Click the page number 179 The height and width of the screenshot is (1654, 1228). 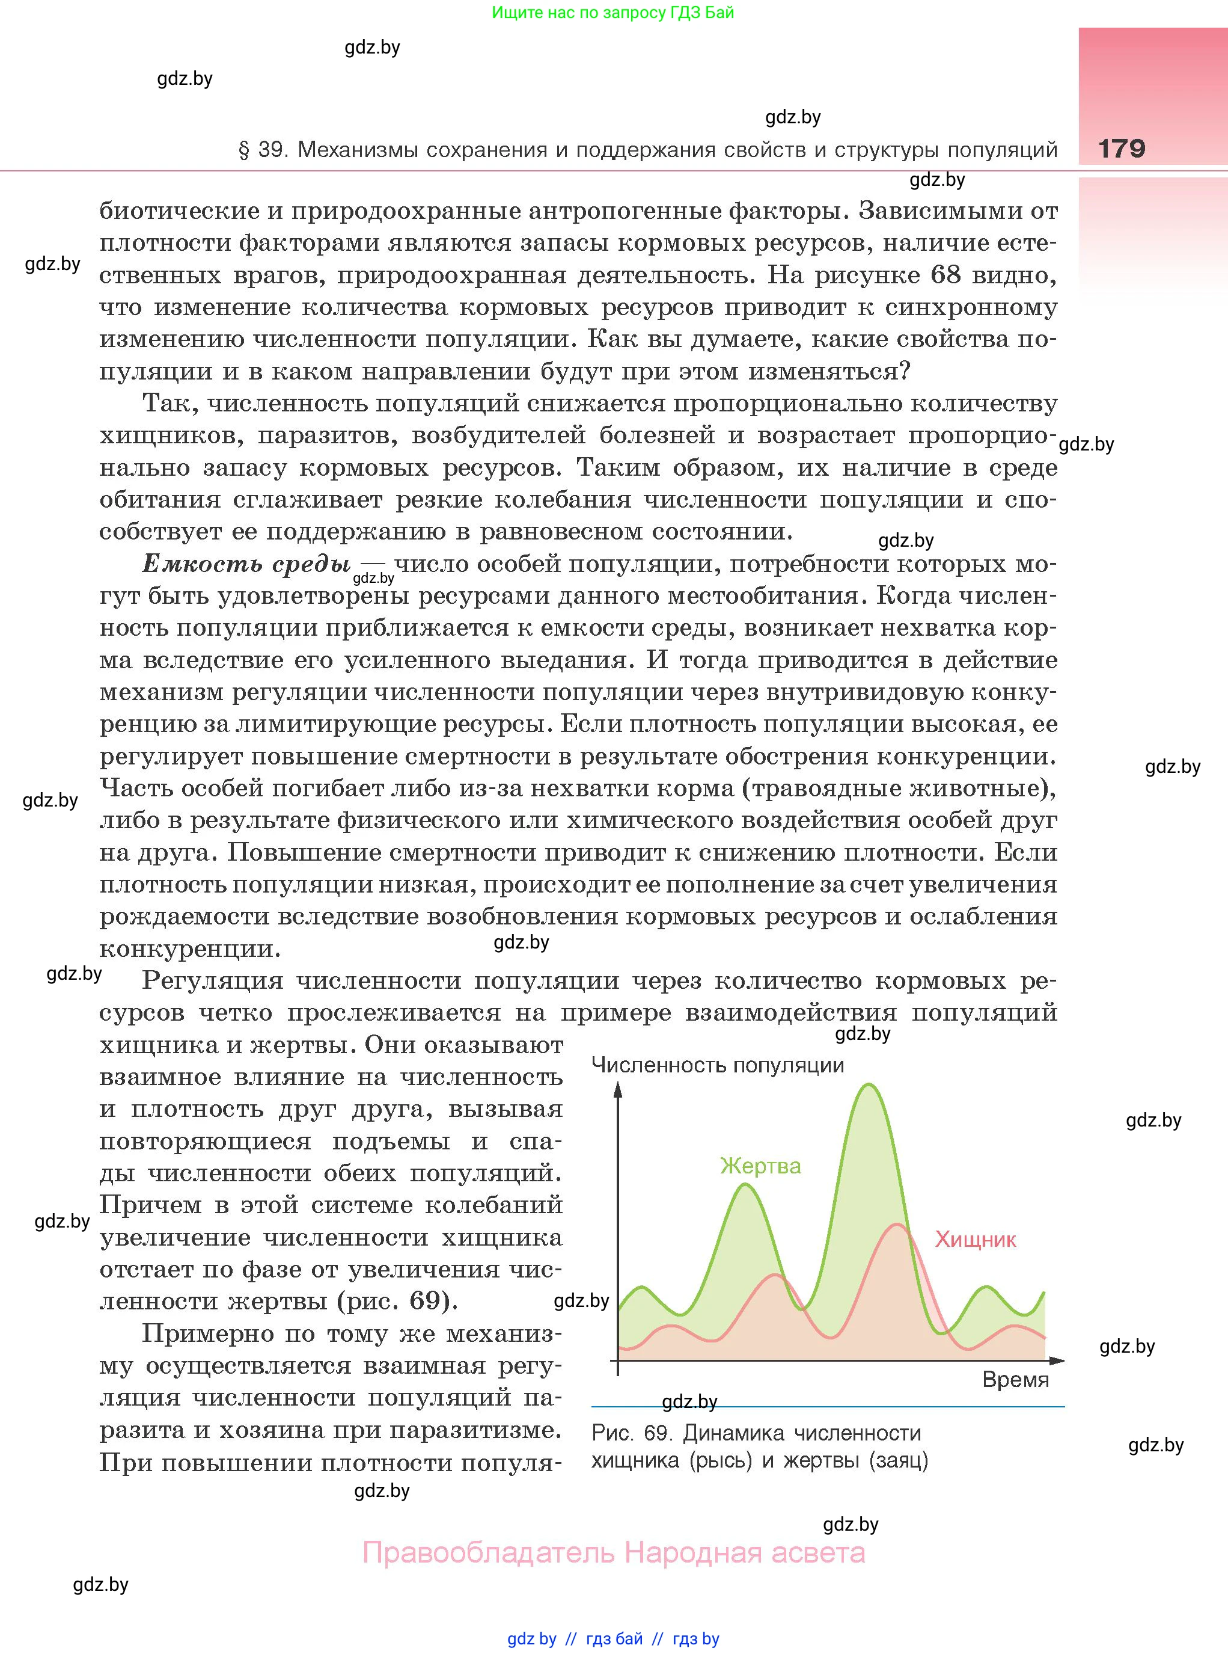pyautogui.click(x=1121, y=148)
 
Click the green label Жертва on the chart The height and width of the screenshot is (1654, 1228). pyautogui.click(x=760, y=1166)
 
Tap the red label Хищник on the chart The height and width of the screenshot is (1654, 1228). pyautogui.click(x=976, y=1239)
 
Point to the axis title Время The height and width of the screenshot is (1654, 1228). pyautogui.click(x=1015, y=1380)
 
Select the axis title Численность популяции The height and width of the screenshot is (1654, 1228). pyautogui.click(x=717, y=1065)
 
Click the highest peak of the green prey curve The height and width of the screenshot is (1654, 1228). pyautogui.click(x=868, y=1086)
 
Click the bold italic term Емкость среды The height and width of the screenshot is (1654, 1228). pyautogui.click(x=246, y=564)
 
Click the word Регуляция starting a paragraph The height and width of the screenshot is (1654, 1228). pyautogui.click(x=213, y=981)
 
